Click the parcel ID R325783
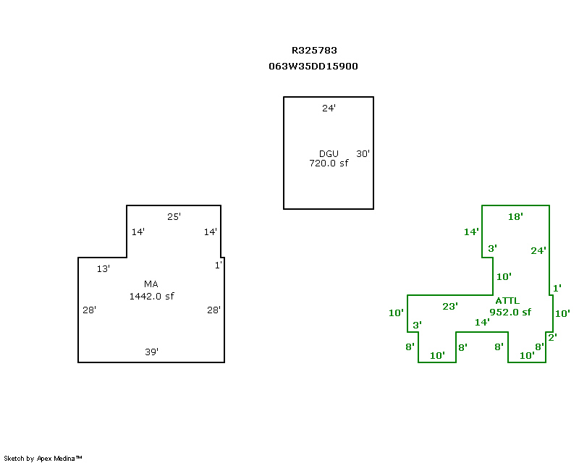point(314,51)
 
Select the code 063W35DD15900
point(313,66)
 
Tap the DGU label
point(328,153)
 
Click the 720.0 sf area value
point(329,163)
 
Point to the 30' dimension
point(363,153)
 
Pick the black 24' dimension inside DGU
point(329,109)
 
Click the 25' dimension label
point(174,216)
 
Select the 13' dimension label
point(103,269)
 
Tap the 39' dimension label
point(151,352)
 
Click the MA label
point(151,284)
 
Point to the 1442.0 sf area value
point(151,296)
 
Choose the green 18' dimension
point(515,216)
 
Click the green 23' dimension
point(450,306)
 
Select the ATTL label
point(507,301)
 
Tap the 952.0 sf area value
point(510,313)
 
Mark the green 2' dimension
point(552,337)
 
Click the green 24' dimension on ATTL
point(538,251)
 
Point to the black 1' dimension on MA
point(218,266)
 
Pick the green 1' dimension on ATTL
point(557,289)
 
